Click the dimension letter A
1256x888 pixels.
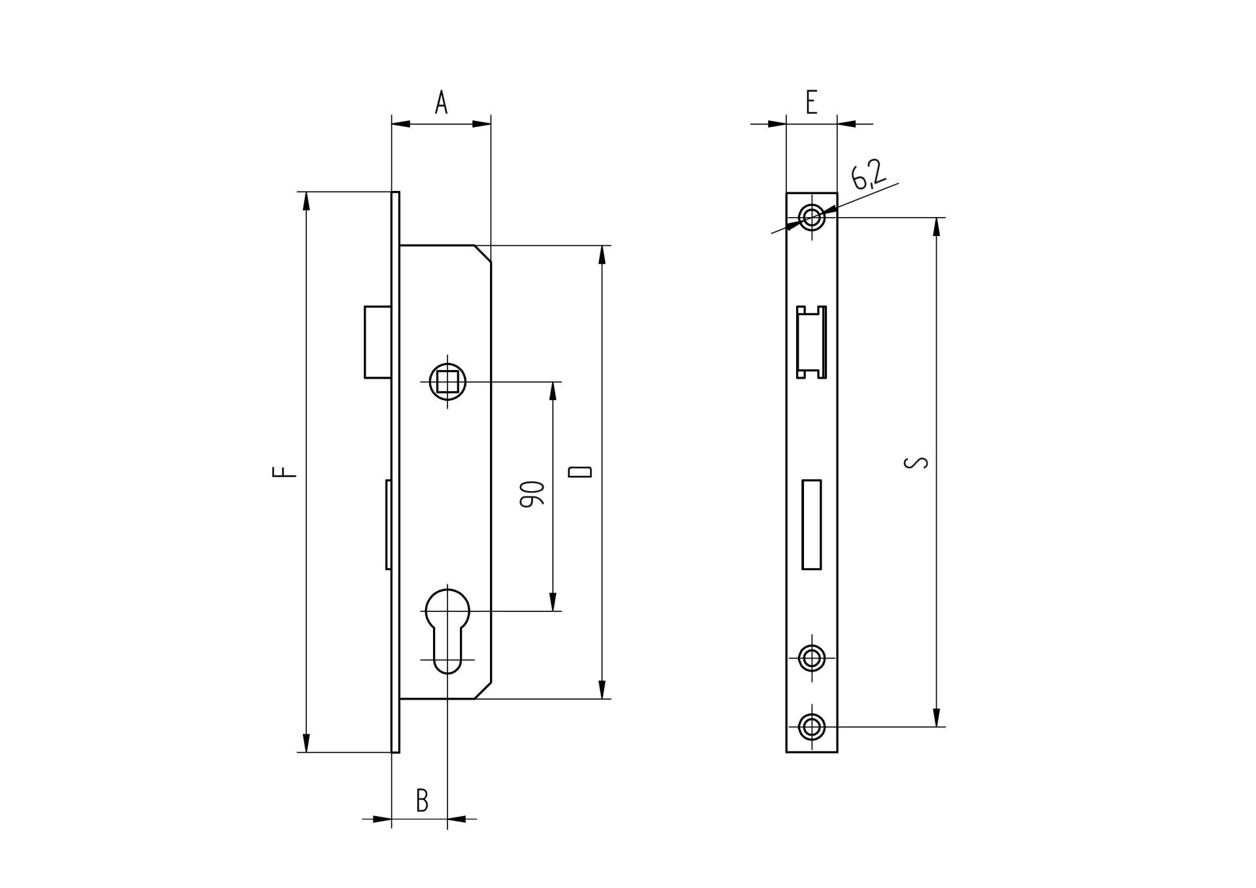[x=442, y=103]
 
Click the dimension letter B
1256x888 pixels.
[x=423, y=800]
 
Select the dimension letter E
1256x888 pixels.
[x=811, y=103]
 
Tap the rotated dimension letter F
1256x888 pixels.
[x=285, y=471]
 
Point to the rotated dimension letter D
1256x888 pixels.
[x=580, y=471]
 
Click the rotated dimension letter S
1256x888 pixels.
[x=915, y=462]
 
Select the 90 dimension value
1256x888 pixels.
[x=532, y=494]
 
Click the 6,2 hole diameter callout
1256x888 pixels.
[x=868, y=175]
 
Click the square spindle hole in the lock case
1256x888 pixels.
[x=447, y=381]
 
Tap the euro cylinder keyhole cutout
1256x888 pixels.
[x=447, y=628]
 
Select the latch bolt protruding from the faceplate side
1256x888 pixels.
[x=378, y=342]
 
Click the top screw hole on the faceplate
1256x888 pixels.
[x=812, y=216]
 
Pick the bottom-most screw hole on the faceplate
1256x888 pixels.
[x=812, y=726]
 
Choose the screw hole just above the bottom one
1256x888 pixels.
[x=812, y=658]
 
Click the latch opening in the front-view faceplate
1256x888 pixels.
[x=811, y=342]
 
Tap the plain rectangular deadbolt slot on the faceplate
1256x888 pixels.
[x=811, y=524]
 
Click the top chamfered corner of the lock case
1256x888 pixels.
[x=483, y=254]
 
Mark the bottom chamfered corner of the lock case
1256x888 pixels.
[x=483, y=691]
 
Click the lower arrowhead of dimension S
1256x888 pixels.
[x=936, y=717]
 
